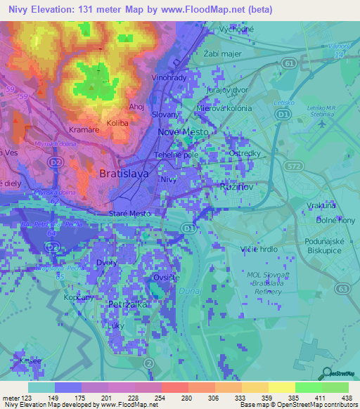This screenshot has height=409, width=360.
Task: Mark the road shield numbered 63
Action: coord(342,288)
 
